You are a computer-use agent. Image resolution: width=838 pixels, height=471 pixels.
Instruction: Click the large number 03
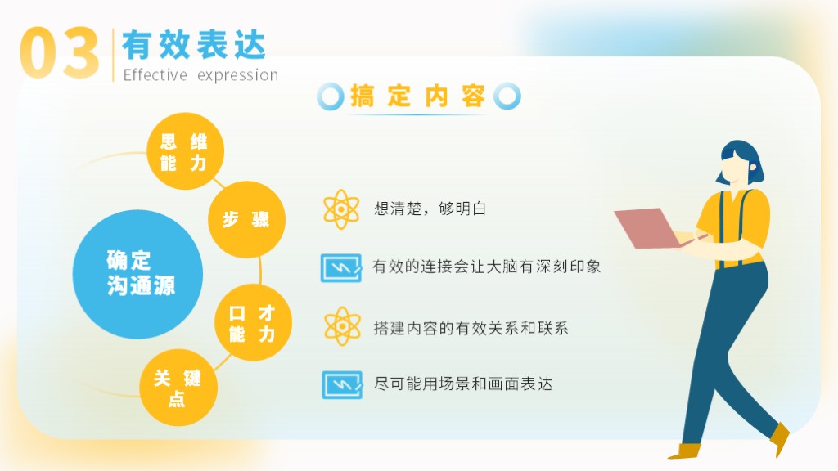(x=59, y=53)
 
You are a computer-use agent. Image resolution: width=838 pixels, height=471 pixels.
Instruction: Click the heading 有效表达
(x=194, y=45)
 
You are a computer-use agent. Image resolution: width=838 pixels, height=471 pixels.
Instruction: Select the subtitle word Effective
(x=155, y=74)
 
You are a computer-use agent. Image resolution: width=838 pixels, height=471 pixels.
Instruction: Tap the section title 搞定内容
(x=418, y=96)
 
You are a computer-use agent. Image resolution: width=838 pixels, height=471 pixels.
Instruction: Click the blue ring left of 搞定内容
(x=331, y=96)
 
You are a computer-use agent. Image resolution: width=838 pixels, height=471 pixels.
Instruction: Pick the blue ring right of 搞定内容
(x=507, y=96)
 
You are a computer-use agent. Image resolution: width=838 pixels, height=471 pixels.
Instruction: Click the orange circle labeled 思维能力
(x=185, y=151)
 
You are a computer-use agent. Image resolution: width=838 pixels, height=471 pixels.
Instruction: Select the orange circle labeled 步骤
(x=246, y=219)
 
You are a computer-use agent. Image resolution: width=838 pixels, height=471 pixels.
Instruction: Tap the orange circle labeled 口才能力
(x=253, y=322)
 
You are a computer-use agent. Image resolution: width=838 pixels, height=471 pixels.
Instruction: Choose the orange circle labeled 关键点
(x=178, y=388)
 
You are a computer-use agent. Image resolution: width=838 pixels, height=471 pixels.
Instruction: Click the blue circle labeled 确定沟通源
(x=137, y=274)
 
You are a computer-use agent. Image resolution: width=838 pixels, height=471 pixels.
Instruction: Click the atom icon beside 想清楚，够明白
(x=341, y=209)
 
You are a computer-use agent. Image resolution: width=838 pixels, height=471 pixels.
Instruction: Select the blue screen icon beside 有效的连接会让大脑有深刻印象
(x=341, y=267)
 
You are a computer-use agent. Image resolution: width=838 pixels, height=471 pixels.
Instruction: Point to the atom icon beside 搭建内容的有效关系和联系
(x=342, y=326)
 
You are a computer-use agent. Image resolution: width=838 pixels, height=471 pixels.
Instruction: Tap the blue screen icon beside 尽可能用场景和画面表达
(x=342, y=384)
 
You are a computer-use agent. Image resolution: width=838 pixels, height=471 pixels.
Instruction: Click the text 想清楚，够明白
(x=430, y=209)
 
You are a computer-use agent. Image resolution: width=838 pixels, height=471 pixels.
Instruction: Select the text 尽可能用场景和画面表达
(x=463, y=384)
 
